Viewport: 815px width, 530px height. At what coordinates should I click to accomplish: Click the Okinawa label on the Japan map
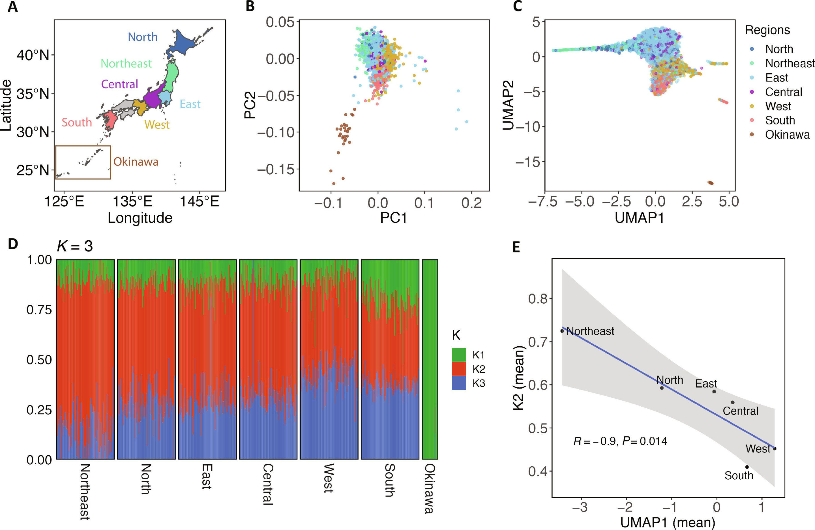pos(136,162)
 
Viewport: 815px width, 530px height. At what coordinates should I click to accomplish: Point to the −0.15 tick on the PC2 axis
pos(276,169)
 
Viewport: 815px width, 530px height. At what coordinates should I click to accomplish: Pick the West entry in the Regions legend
pos(778,106)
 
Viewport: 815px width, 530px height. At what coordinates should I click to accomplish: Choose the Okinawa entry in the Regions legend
pos(787,135)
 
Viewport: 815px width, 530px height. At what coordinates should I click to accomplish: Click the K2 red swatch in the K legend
pos(458,369)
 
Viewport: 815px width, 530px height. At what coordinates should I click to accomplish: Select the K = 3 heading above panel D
pos(75,246)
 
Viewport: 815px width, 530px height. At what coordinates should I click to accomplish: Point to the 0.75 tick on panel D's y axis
pos(39,310)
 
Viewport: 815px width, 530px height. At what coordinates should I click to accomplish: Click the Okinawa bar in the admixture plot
pos(430,359)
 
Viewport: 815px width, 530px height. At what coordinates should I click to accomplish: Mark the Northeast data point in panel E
pos(562,331)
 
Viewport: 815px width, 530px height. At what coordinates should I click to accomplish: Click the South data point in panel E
pos(747,467)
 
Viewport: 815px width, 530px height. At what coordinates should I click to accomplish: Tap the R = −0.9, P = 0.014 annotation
pos(620,441)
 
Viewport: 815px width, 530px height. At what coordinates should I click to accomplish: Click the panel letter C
pos(517,6)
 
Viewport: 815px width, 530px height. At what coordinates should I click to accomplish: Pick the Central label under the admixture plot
pos(267,484)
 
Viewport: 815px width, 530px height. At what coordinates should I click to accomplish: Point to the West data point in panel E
pos(775,449)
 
